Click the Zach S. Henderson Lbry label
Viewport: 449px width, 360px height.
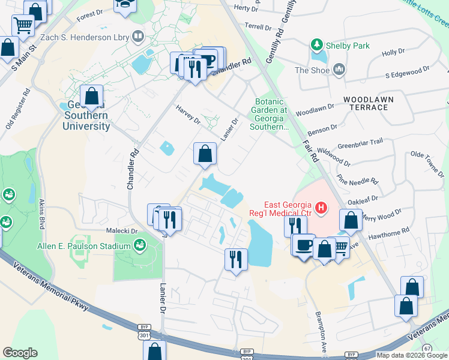(x=85, y=37)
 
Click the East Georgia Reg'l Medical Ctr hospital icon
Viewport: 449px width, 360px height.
(x=321, y=208)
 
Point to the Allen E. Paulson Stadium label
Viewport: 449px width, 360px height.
(x=83, y=247)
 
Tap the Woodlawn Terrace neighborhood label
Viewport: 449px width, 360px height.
(x=366, y=103)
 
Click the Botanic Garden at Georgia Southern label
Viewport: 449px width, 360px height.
(x=271, y=114)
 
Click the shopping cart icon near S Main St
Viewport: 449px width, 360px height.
(x=23, y=25)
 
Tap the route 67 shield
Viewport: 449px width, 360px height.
(x=427, y=348)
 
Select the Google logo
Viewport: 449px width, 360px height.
(x=20, y=353)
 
